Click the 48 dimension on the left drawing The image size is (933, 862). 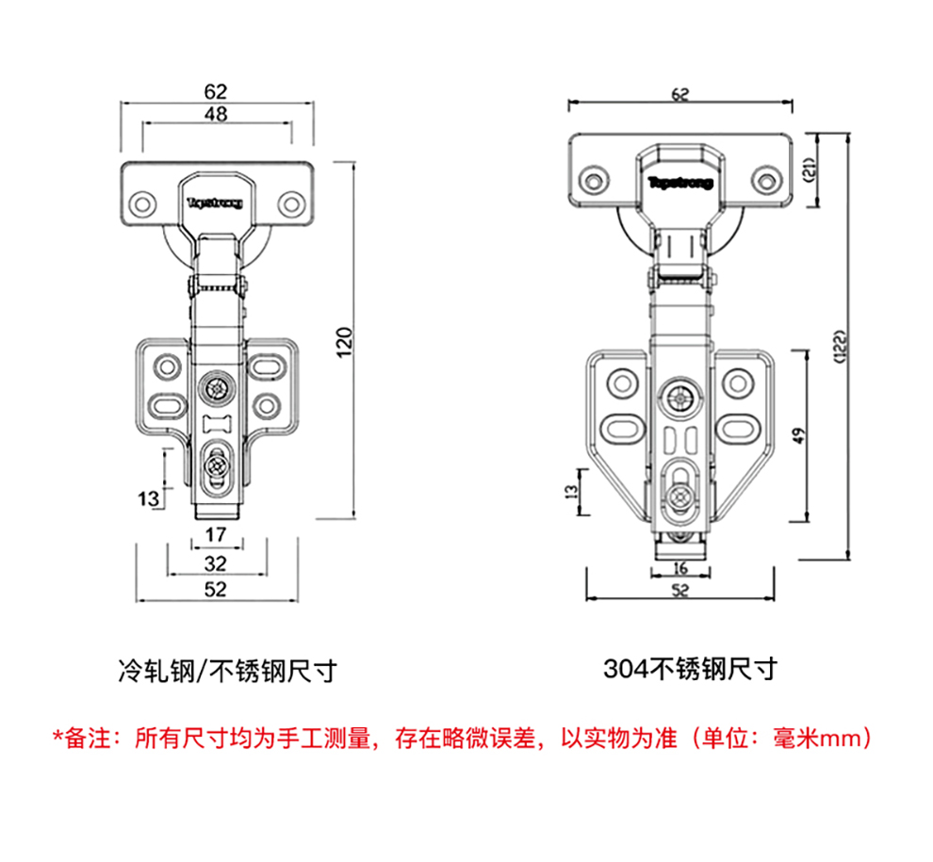click(x=216, y=114)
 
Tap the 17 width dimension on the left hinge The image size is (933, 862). click(x=216, y=535)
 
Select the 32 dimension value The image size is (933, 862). click(x=216, y=563)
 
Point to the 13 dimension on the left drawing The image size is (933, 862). click(x=148, y=498)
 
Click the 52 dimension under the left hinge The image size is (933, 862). click(x=216, y=590)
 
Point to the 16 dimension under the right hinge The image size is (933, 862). click(x=680, y=568)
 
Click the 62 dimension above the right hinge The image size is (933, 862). click(x=680, y=93)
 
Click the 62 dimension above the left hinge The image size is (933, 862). click(x=216, y=91)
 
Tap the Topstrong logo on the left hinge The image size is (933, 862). click(x=215, y=202)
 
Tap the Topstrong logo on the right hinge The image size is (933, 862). click(x=680, y=182)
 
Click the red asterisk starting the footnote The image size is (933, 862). click(x=57, y=737)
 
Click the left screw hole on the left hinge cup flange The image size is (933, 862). click(x=144, y=203)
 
